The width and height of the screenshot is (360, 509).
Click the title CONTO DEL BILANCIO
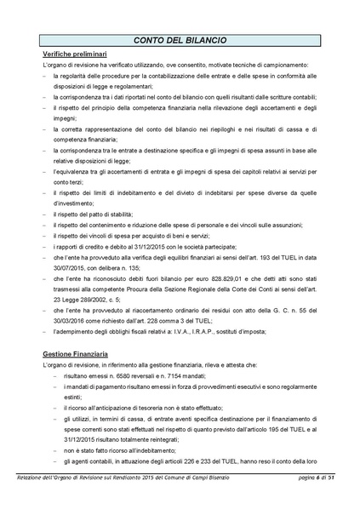tap(180, 40)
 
